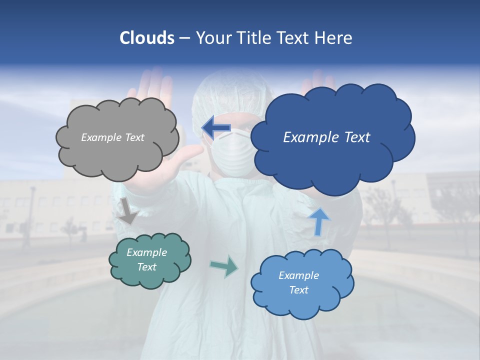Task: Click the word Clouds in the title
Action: [147, 38]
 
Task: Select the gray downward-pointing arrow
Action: [128, 211]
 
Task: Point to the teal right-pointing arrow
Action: [224, 266]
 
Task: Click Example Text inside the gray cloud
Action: [112, 137]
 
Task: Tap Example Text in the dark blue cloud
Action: [326, 137]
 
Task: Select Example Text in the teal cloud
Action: [147, 260]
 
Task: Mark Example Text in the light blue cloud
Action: [298, 283]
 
